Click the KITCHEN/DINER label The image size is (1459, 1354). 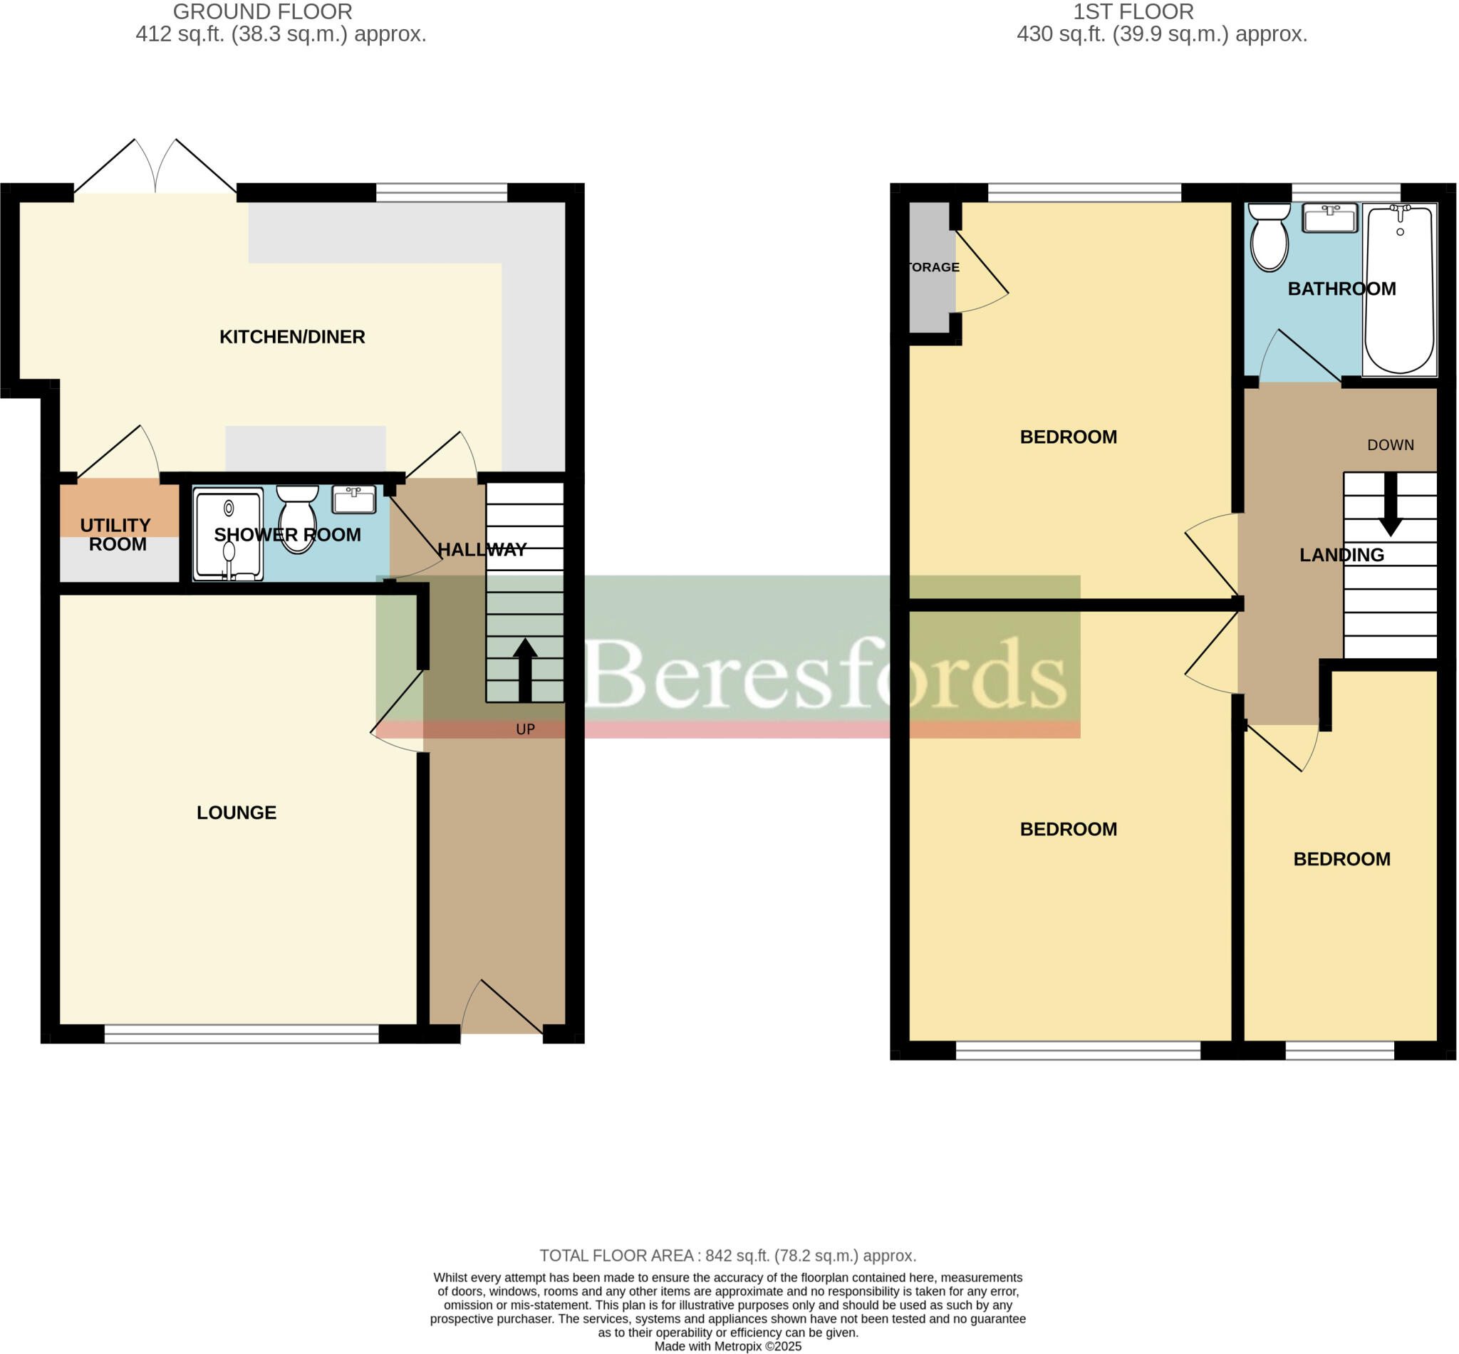click(x=291, y=337)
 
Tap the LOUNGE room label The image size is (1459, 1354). click(x=236, y=813)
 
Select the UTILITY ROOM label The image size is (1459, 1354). click(x=116, y=535)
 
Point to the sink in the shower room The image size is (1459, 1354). click(x=353, y=500)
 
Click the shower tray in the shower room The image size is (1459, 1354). click(x=228, y=534)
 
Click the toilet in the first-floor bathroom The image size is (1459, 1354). click(x=1269, y=236)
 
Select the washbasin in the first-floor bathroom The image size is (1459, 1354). click(x=1329, y=219)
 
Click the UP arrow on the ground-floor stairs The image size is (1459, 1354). click(x=524, y=670)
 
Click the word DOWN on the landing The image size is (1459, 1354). click(x=1390, y=444)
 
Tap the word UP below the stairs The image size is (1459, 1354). click(x=526, y=730)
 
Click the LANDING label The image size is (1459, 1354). click(x=1341, y=556)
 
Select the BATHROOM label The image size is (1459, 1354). click(x=1341, y=288)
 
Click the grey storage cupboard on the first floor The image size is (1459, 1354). click(x=931, y=267)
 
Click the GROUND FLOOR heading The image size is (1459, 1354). click(x=262, y=11)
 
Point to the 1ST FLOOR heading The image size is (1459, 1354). click(x=1133, y=11)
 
